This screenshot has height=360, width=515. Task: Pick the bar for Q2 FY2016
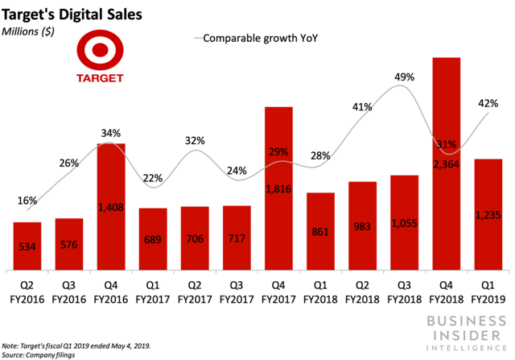point(27,246)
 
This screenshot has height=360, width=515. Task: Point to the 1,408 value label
point(111,207)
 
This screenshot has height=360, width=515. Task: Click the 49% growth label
point(404,77)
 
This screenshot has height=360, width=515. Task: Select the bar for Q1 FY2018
point(320,231)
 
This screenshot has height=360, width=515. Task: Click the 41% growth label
point(362,106)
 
